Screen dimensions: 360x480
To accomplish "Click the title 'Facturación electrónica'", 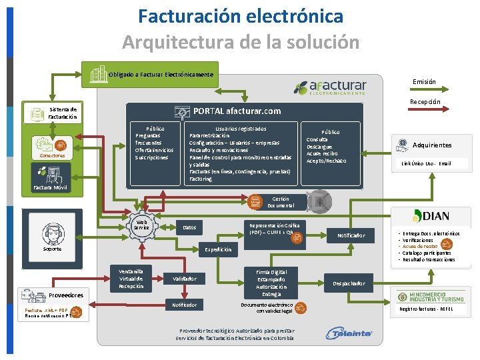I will [241, 16].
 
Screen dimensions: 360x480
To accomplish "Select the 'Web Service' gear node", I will [141, 226].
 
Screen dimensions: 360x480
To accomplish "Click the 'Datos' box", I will [191, 228].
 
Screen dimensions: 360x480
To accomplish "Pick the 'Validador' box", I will [185, 278].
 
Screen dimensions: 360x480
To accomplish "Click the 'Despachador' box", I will [349, 283].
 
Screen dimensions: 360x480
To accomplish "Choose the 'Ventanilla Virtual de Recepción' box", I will [131, 277].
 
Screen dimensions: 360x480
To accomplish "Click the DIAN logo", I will [431, 216].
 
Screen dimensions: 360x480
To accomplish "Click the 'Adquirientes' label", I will [431, 145].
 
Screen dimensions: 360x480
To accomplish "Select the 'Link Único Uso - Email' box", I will [426, 163].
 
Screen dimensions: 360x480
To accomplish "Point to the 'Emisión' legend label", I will [424, 82].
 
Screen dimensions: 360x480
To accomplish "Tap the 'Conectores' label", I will [52, 156].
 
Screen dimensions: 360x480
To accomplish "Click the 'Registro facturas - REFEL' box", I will [426, 309].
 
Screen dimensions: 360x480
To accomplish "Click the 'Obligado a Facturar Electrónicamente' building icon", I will [98, 74].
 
